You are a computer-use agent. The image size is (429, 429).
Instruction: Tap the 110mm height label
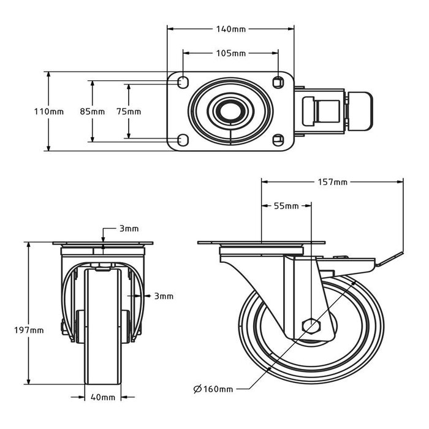pyautogui.click(x=48, y=112)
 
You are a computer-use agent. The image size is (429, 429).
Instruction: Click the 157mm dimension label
pyautogui.click(x=333, y=182)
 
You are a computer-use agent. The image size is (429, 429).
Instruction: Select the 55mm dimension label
pyautogui.click(x=286, y=207)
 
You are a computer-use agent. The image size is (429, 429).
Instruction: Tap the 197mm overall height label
pyautogui.click(x=29, y=330)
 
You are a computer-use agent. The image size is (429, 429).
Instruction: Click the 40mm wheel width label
pyautogui.click(x=103, y=397)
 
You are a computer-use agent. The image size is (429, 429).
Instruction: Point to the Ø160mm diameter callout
pyautogui.click(x=213, y=389)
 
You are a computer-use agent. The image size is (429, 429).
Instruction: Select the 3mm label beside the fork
pyautogui.click(x=164, y=296)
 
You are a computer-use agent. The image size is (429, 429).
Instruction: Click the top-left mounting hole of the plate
pyautogui.click(x=183, y=82)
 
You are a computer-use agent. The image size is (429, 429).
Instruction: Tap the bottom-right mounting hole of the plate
pyautogui.click(x=279, y=140)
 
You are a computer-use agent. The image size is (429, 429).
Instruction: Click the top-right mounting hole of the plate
pyautogui.click(x=279, y=82)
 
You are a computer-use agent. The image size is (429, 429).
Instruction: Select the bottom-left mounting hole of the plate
pyautogui.click(x=183, y=140)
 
